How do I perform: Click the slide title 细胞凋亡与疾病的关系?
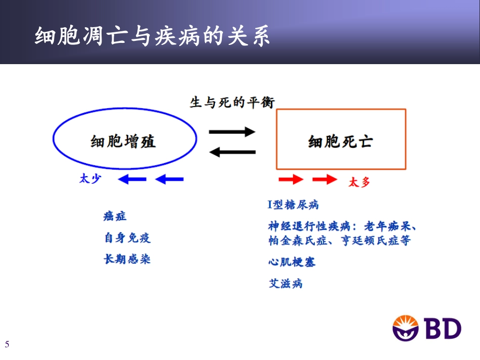pyautogui.click(x=152, y=37)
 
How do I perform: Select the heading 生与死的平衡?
pyautogui.click(x=232, y=102)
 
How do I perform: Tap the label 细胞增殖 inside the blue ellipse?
pyautogui.click(x=123, y=141)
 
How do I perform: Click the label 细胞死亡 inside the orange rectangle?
pyautogui.click(x=340, y=141)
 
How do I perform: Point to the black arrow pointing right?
pyautogui.click(x=233, y=132)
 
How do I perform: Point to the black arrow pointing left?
pyautogui.click(x=232, y=151)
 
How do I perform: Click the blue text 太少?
pyautogui.click(x=90, y=179)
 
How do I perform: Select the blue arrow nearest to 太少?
pyautogui.click(x=132, y=179)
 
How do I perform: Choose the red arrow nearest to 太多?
pyautogui.click(x=324, y=179)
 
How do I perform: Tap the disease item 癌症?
pyautogui.click(x=115, y=216)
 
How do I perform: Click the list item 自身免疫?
pyautogui.click(x=127, y=238)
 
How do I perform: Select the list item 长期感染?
pyautogui.click(x=127, y=260)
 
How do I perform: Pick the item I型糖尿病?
pyautogui.click(x=293, y=204)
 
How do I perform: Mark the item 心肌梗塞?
pyautogui.click(x=292, y=262)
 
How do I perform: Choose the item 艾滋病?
pyautogui.click(x=285, y=283)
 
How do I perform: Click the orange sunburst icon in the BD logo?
pyautogui.click(x=406, y=327)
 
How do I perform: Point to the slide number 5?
pyautogui.click(x=7, y=345)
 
